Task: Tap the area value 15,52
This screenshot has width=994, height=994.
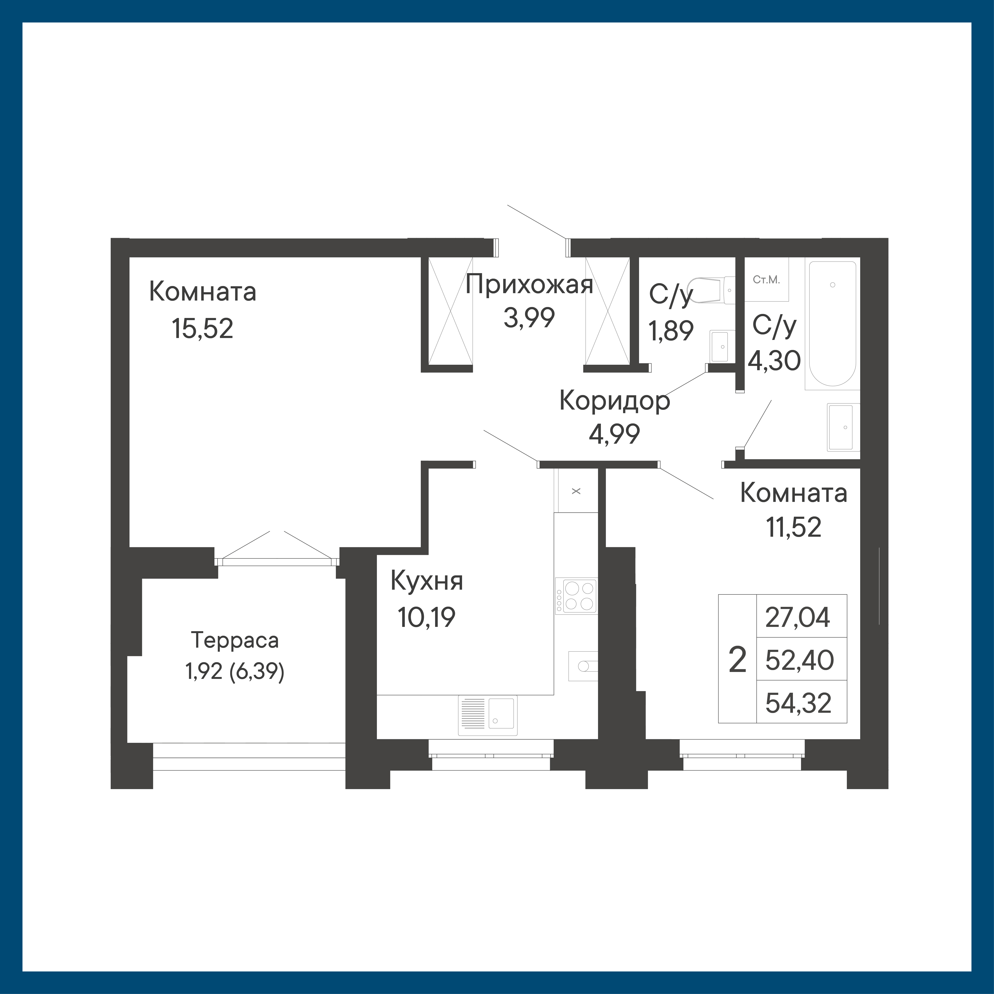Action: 203,329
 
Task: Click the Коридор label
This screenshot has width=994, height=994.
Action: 615,401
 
